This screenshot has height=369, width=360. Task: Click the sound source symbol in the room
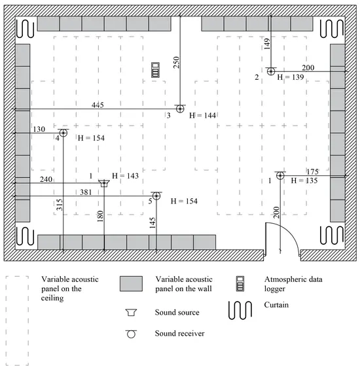coord(104,183)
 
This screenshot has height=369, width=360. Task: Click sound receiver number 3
coord(179,108)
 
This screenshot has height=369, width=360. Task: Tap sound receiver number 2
coord(270,71)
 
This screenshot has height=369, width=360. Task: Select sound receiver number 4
coord(63,133)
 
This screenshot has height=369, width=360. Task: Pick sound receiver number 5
coord(156,196)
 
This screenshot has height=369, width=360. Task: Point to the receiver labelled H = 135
coord(279,175)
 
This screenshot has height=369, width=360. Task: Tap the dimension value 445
coord(98,105)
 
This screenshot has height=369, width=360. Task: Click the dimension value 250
coord(176,63)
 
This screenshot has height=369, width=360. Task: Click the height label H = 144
coord(202,116)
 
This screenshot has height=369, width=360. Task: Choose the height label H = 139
coord(291,77)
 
